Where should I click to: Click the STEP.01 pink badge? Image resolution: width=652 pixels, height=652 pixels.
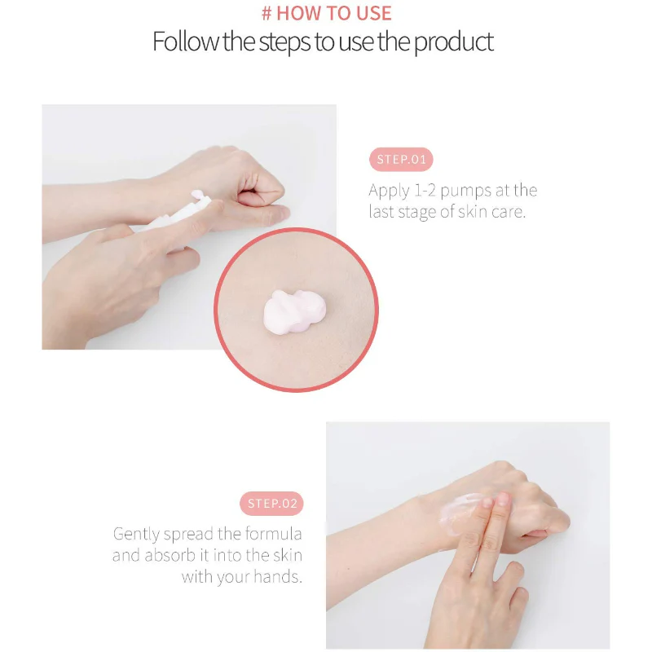[401, 159]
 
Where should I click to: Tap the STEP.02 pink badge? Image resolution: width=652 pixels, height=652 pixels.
[271, 504]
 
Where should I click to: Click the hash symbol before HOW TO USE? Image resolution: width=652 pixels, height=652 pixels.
[267, 13]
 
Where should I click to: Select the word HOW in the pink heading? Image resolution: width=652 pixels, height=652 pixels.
[293, 13]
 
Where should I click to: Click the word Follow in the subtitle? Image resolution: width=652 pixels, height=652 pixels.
[186, 42]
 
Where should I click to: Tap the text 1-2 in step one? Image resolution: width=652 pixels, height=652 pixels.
[425, 191]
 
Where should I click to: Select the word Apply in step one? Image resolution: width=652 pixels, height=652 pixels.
[389, 191]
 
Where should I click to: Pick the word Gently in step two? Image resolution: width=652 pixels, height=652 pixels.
[136, 535]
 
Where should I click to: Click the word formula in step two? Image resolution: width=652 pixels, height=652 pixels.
[273, 534]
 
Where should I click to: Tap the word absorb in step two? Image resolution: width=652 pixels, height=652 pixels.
[170, 555]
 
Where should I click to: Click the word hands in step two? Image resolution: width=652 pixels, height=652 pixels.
[278, 577]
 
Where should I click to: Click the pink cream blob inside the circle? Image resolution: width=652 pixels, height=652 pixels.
[294, 311]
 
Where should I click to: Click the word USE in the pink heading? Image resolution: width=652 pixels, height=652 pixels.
[374, 13]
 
